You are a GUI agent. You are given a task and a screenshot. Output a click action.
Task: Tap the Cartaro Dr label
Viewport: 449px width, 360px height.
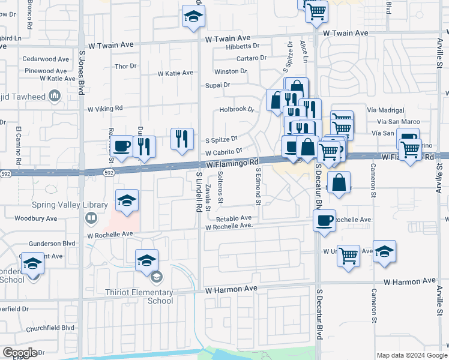click(x=251, y=58)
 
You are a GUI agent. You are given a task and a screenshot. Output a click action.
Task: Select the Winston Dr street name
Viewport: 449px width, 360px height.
click(x=231, y=71)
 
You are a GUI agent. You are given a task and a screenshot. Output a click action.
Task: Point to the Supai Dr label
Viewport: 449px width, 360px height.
click(x=218, y=85)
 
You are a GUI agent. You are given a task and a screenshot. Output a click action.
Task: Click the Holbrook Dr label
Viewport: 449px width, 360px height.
click(x=237, y=110)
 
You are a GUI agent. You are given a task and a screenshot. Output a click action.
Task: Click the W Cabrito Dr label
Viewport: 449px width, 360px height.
click(x=223, y=152)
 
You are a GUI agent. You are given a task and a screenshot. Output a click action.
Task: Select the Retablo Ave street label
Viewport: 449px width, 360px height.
click(x=235, y=218)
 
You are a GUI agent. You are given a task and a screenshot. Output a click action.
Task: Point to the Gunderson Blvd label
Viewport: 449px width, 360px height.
click(x=52, y=244)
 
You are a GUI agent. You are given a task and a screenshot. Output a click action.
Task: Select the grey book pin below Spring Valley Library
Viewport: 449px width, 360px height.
click(x=91, y=217)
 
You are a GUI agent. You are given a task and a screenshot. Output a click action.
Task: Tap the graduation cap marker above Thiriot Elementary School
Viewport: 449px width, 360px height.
click(x=146, y=260)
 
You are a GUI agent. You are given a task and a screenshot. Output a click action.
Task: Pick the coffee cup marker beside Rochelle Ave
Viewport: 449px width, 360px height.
click(x=324, y=220)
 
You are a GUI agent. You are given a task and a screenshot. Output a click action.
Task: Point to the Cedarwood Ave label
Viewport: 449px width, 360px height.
click(x=46, y=59)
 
